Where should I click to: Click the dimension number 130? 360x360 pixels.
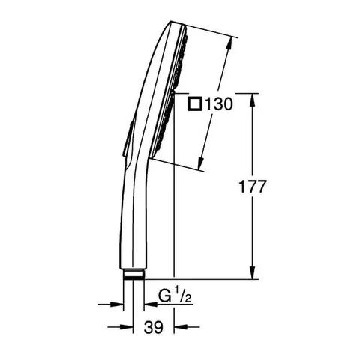click(219, 103)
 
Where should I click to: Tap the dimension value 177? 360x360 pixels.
click(252, 187)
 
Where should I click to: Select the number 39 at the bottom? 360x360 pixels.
click(153, 327)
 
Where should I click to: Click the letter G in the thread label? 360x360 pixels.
click(164, 296)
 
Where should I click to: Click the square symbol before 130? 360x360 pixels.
click(195, 103)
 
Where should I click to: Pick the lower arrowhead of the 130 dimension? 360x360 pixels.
click(200, 163)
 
